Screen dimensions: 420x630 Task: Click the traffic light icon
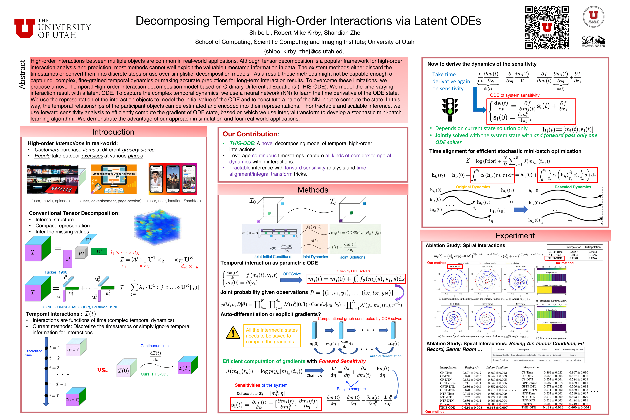coord(450,109)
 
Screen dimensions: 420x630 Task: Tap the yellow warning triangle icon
coord(233,333)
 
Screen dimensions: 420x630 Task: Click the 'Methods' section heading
coord(313,190)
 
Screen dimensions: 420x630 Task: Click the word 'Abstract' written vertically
coord(22,75)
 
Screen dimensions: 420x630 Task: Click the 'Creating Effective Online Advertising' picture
coord(114,179)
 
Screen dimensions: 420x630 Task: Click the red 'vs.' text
coord(103,370)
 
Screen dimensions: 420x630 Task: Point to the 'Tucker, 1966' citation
coord(56,272)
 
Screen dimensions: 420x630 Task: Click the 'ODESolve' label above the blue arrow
coord(292,274)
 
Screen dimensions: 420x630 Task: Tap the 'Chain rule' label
coord(314,376)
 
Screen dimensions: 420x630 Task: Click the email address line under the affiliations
coord(304,51)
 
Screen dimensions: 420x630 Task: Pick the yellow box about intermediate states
coord(272,336)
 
